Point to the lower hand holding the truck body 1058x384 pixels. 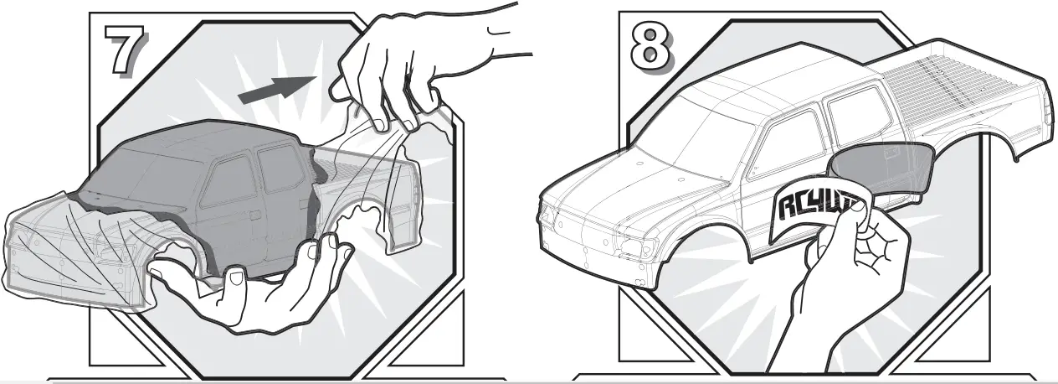click(x=251, y=285)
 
